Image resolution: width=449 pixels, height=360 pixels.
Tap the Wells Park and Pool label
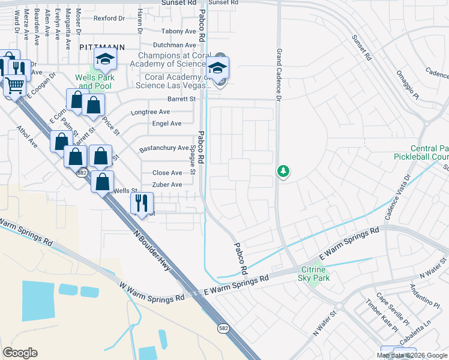click(x=94, y=82)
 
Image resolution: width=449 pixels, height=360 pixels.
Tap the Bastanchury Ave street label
click(x=164, y=148)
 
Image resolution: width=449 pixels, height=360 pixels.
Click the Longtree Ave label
click(x=150, y=112)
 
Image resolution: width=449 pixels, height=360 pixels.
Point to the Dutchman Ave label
click(x=174, y=45)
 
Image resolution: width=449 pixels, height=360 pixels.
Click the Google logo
click(x=20, y=353)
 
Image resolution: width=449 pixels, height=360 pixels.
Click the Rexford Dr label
click(x=109, y=19)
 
